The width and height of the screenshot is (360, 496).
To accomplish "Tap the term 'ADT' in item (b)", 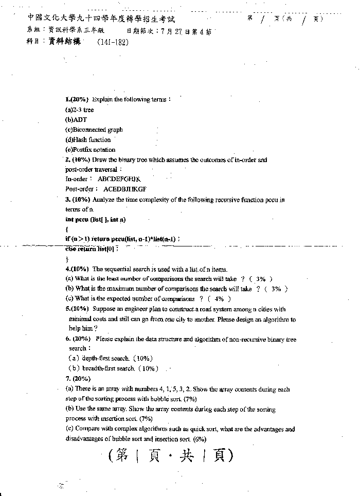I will tap(81, 120).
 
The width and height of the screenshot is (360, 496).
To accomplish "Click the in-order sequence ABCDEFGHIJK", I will tap(119, 179).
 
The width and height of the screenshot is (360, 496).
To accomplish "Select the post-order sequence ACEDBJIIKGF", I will tap(124, 189).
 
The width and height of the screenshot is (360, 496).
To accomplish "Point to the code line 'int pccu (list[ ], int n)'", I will tap(95, 220).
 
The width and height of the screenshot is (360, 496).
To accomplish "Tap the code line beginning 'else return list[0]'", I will tap(92, 249).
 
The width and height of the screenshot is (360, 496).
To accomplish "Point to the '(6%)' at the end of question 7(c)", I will tap(200, 439).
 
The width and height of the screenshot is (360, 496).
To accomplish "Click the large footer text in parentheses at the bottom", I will tap(171, 456).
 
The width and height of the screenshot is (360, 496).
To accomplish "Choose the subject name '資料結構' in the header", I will tap(65, 42).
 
